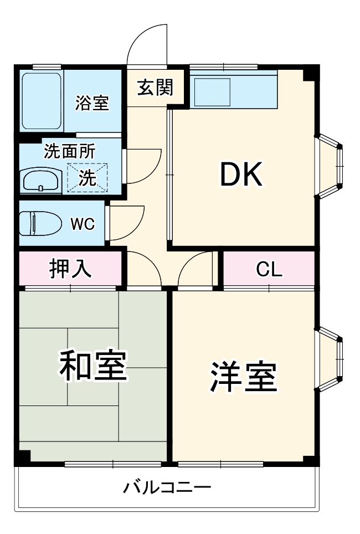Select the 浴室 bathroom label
coord(92,103)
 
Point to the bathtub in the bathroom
coord(42,101)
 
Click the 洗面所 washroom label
coord(69,151)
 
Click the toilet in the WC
coord(40,223)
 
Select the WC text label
coord(82,224)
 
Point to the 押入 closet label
coord(70,269)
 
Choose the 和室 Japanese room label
coord(94,366)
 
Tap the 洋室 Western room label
coord(243,377)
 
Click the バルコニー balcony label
coord(167,488)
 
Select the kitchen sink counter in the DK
coord(233,90)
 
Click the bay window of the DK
coord(330,166)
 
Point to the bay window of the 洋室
coord(330,358)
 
